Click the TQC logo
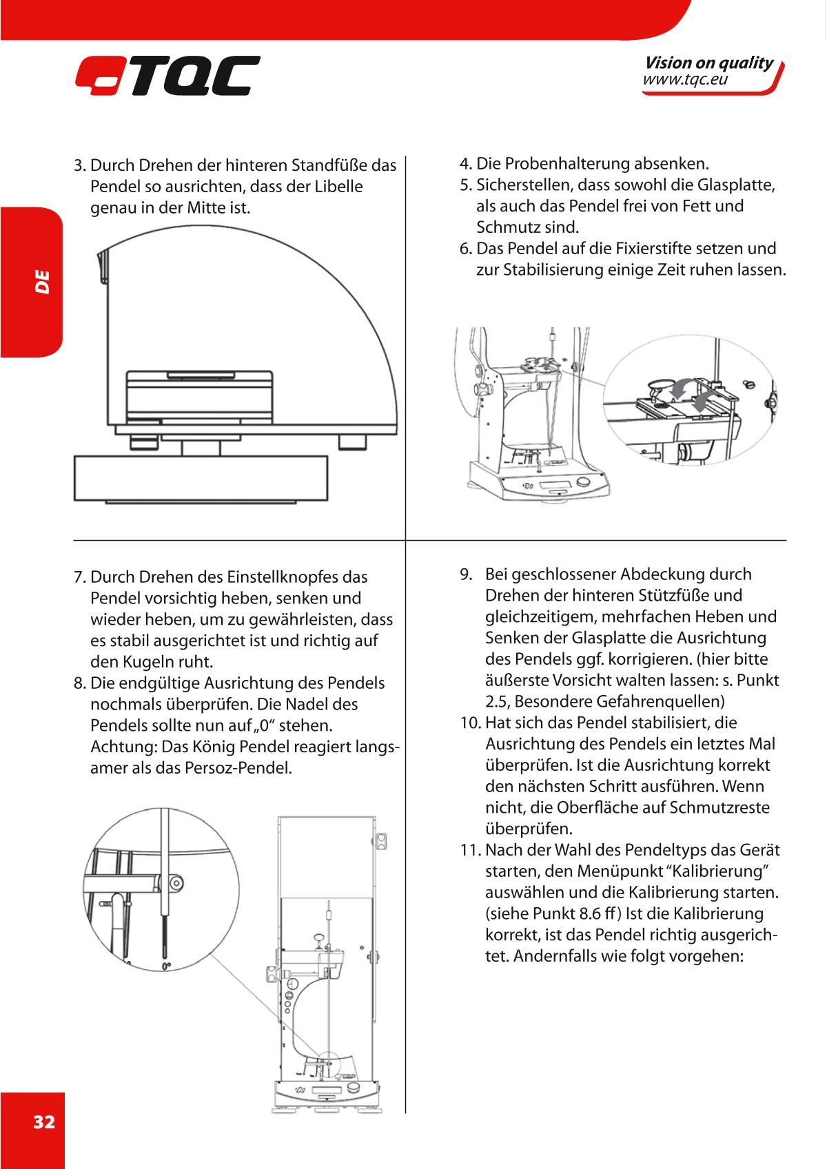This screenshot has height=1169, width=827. pyautogui.click(x=167, y=76)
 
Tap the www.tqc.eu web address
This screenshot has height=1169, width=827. pyautogui.click(x=685, y=81)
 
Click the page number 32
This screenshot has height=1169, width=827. pyautogui.click(x=44, y=1122)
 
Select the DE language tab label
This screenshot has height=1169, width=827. pyautogui.click(x=43, y=281)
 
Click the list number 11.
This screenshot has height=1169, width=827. pyautogui.click(x=471, y=850)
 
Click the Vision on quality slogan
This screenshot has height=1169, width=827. pyautogui.click(x=708, y=63)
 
